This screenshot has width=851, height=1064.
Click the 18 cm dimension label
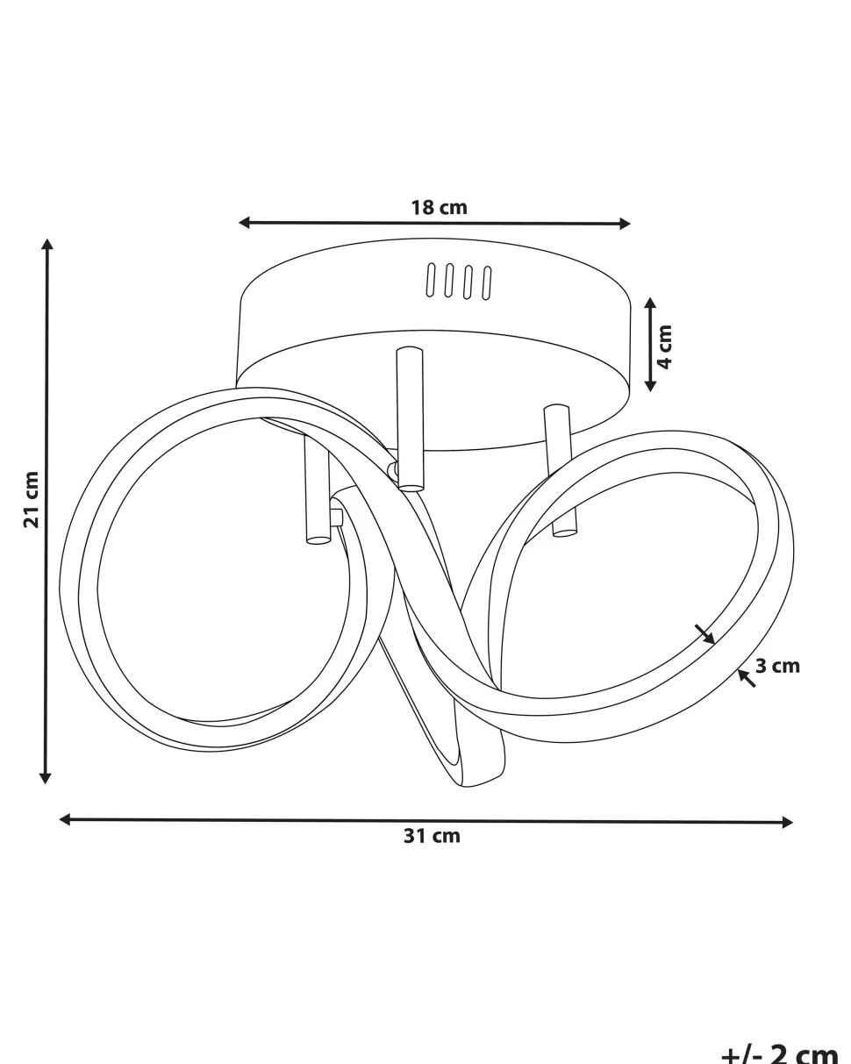coord(439,208)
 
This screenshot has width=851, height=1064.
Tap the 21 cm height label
coord(32,499)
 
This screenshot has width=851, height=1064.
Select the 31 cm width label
coord(432,836)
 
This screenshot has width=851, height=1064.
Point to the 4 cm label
coord(666,346)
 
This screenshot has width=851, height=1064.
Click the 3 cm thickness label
coord(776,666)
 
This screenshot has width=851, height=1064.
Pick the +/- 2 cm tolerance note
coord(780,1053)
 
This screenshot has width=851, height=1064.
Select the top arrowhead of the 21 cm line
coord(47,244)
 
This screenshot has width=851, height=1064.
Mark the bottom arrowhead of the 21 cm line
coord(45,778)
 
